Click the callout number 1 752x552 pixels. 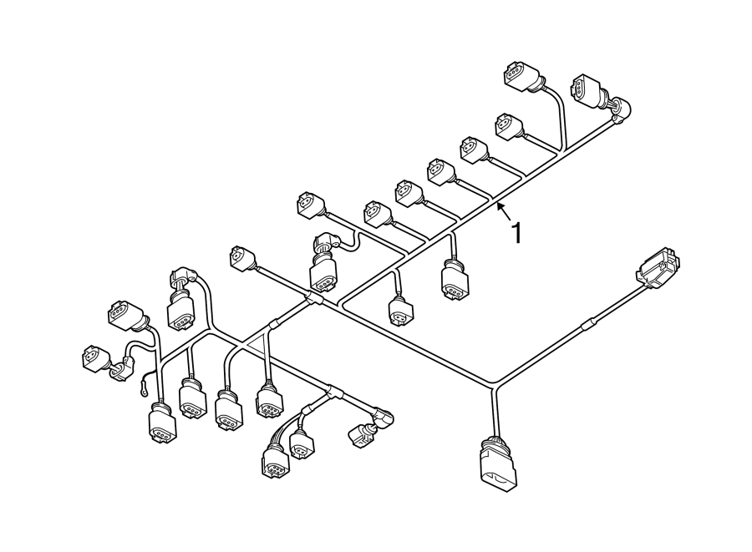point(516,233)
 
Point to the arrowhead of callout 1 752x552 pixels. point(500,206)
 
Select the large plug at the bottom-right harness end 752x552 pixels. point(498,463)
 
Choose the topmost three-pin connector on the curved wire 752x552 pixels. point(521,77)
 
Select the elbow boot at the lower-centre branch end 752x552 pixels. point(384,416)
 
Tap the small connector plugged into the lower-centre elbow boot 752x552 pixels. point(360,434)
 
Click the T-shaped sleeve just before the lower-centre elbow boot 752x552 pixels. point(333,393)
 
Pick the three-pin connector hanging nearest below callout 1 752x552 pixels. point(455,280)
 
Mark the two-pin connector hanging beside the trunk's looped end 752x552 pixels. point(400,311)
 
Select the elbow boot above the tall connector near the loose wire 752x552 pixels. point(184,277)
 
